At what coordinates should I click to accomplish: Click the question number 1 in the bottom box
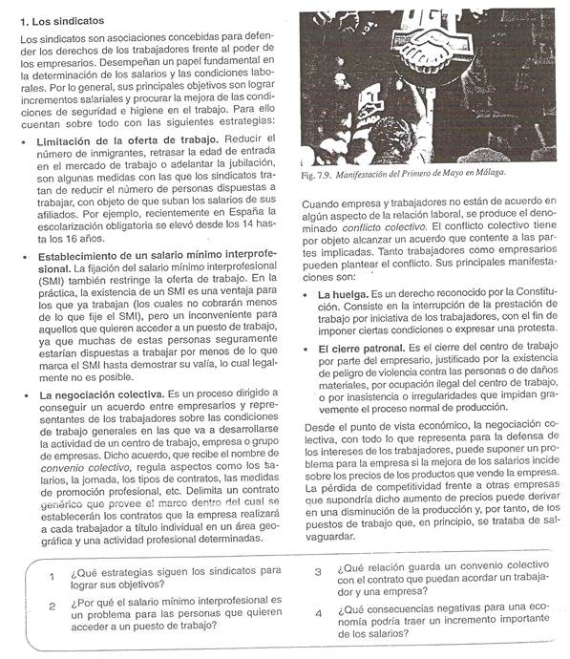point(51,576)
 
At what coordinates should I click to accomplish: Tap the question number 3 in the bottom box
point(318,572)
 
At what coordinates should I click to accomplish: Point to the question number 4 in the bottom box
point(318,611)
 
